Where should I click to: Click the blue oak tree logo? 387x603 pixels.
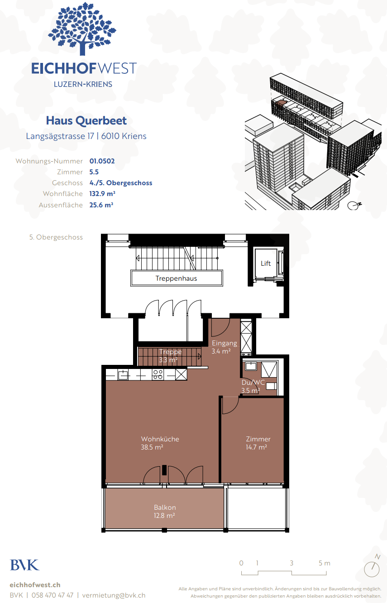coord(82,29)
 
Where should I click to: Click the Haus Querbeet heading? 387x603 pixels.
coord(86,120)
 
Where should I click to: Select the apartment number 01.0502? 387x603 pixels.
coord(102,161)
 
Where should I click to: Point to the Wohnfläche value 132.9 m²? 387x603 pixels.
coord(102,194)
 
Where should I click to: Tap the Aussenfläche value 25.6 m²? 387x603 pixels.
coord(101,205)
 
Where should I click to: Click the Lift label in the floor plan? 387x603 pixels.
coord(266,263)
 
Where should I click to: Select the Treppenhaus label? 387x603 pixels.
coord(176,278)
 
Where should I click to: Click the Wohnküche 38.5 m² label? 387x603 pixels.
coord(160,443)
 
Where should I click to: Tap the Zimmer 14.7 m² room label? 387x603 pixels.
coord(258,443)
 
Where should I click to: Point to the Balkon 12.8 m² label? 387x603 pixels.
coord(165,511)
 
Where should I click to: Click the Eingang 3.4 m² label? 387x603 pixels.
coord(224,347)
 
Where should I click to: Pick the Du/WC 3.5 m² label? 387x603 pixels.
coord(253,386)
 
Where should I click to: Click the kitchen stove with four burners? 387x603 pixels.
coord(158,374)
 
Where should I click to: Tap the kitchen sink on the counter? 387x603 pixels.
coord(123,374)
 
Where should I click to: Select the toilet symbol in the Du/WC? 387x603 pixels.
coord(271,386)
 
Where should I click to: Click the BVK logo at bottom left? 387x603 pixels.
coord(24,565)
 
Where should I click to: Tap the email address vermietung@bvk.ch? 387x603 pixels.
coord(114,595)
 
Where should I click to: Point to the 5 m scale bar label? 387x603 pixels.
coord(324,563)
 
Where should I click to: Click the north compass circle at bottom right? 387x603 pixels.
coord(372,569)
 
